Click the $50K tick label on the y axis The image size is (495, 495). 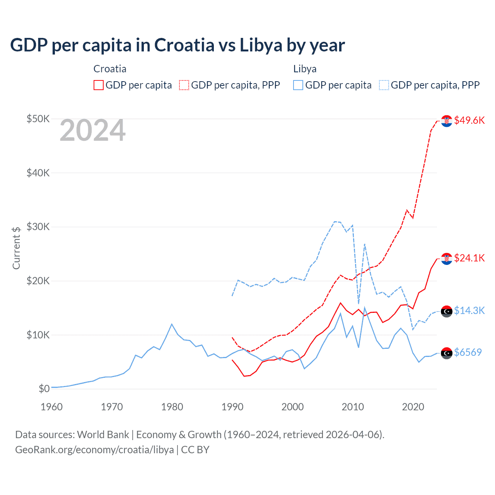[x=38, y=119]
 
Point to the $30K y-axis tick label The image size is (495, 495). [x=38, y=227]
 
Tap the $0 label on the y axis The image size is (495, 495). [x=44, y=389]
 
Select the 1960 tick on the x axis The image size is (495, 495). [x=51, y=407]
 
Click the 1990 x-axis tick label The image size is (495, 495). [x=232, y=407]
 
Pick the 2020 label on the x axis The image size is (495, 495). [x=413, y=407]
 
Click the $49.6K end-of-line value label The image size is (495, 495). [x=469, y=120]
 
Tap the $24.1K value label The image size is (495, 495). [x=469, y=258]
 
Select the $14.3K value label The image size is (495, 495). [x=469, y=311]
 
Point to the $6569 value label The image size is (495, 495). [x=468, y=352]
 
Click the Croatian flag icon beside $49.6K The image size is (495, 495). [x=447, y=121]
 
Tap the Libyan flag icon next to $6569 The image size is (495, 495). [x=447, y=353]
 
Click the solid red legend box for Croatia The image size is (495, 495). [x=99, y=85]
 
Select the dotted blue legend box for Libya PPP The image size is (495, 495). [x=384, y=85]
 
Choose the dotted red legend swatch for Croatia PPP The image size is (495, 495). [x=184, y=85]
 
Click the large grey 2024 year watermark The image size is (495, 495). [x=92, y=131]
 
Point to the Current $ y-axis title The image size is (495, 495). [x=16, y=248]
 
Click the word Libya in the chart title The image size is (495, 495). [x=261, y=45]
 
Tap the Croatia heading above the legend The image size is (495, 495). [x=110, y=69]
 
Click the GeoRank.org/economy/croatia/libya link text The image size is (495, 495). [x=94, y=450]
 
